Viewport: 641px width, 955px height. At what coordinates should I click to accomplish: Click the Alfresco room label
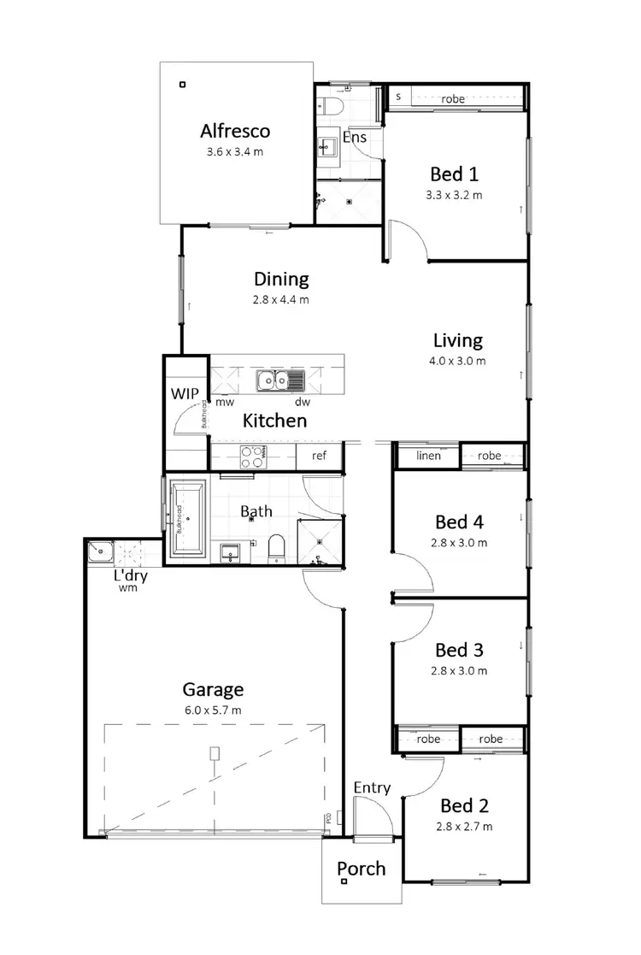pos(235,131)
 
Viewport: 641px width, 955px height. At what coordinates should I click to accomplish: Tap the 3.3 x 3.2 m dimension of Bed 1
pos(454,195)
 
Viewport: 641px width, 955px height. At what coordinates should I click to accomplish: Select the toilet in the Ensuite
pos(331,106)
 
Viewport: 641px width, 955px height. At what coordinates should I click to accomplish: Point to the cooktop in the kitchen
pos(252,457)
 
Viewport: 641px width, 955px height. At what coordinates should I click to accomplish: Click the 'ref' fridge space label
pos(319,456)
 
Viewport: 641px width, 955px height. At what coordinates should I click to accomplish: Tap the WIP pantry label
pos(186,394)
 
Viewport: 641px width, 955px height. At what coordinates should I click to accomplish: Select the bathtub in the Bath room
pos(186,518)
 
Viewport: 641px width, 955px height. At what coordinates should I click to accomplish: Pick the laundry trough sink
pos(100,552)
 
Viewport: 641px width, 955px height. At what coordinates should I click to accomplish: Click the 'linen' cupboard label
pos(428,456)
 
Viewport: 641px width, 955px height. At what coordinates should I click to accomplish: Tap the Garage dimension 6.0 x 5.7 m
pos(212,710)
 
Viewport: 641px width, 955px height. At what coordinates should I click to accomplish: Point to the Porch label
pos(361,870)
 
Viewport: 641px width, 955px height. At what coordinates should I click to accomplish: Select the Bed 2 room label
pos(464,805)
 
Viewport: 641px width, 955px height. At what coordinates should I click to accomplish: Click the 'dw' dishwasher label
pos(303,402)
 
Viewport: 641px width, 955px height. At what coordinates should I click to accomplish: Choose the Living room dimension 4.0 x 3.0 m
pos(457,361)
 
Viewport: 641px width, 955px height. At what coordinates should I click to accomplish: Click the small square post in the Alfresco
pos(181,84)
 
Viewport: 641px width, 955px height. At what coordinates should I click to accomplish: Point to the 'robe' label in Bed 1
pos(453,99)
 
